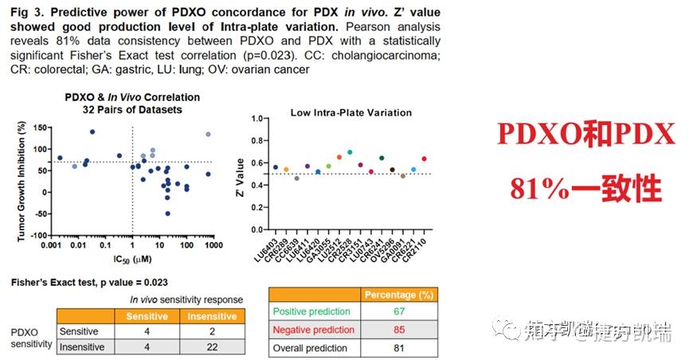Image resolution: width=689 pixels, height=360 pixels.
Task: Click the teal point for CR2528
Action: (x=350, y=151)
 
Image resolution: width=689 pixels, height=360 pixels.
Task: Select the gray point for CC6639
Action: (x=296, y=178)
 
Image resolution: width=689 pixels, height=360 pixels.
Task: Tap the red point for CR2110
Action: (x=423, y=159)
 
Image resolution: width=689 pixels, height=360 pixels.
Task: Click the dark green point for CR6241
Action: (x=382, y=158)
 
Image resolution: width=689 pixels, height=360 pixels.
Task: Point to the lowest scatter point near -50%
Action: (x=167, y=213)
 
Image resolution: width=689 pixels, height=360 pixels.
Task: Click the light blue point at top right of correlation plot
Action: (x=208, y=135)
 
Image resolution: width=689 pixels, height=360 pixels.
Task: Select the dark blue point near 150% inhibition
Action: (x=92, y=131)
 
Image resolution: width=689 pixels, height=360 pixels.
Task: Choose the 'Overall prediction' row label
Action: (x=310, y=347)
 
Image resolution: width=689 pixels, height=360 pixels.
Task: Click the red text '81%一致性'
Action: (x=586, y=188)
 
